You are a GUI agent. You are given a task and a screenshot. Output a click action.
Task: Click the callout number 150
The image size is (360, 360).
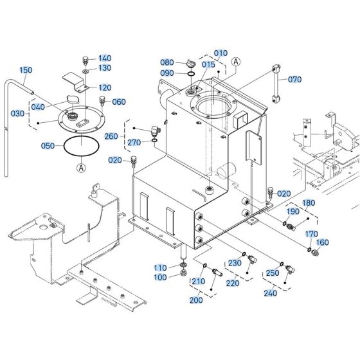(x=26, y=70)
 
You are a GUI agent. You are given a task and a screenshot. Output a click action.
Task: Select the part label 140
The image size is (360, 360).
(x=105, y=58)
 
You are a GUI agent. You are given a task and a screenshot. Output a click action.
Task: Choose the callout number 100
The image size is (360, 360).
(x=161, y=277)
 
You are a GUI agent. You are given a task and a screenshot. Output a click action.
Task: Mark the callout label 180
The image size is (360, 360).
(x=309, y=203)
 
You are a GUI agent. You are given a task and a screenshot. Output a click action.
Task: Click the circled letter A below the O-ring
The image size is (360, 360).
(x=81, y=168)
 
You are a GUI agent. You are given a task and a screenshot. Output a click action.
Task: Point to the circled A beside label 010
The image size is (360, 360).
(x=236, y=62)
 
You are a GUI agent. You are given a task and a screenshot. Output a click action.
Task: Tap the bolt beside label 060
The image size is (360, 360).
(x=101, y=100)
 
